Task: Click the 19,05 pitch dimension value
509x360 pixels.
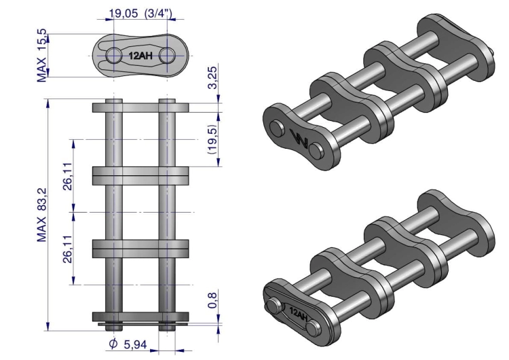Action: tap(123, 14)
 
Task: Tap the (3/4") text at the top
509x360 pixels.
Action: tap(158, 14)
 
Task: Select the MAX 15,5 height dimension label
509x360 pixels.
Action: tap(42, 56)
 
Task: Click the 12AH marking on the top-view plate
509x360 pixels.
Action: tap(140, 56)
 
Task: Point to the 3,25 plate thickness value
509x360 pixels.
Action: tap(212, 77)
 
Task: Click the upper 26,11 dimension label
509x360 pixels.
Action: tap(68, 176)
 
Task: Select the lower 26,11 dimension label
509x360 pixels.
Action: tap(68, 249)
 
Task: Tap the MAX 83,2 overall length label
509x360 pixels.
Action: tap(42, 215)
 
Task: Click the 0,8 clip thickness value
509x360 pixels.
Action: tap(212, 300)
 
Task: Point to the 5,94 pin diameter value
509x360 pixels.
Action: tap(136, 344)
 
